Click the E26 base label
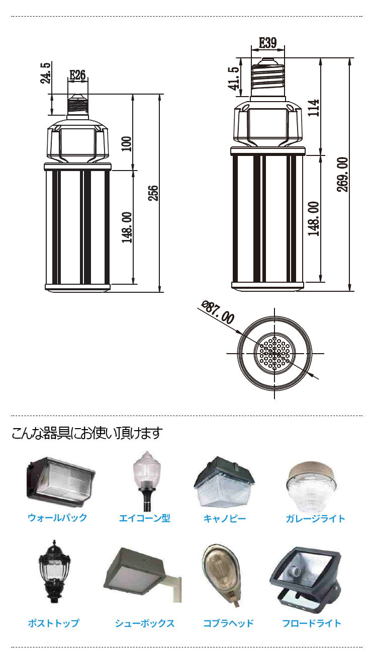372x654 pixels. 77,75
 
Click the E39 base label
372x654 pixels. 267,43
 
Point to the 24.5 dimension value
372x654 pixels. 46,73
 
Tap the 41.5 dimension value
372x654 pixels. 233,78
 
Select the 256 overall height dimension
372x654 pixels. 153,193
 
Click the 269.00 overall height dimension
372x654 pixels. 343,174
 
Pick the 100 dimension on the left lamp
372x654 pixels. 126,143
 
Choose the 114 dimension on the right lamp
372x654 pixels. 314,108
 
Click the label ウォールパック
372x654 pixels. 57,518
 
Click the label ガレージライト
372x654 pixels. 315,518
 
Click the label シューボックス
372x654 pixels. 145,623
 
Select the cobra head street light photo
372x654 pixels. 223,573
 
